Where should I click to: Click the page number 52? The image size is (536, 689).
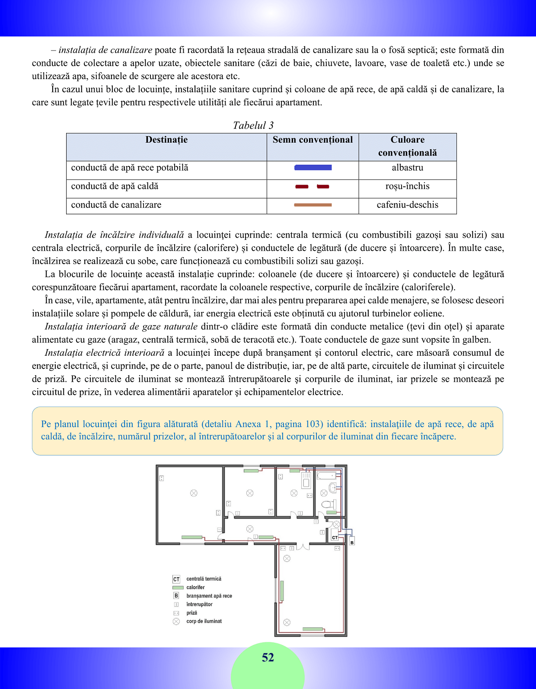268,657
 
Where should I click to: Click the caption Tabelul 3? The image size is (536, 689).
253,125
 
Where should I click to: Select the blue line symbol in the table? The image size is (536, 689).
313,168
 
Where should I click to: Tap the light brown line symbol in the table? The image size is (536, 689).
313,205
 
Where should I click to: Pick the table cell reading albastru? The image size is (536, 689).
407,168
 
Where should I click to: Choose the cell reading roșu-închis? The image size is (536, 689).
407,186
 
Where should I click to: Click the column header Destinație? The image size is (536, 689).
166,140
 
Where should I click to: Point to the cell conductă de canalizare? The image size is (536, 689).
116,205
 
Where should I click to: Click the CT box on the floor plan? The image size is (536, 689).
335,537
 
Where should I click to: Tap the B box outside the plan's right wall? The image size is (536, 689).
352,542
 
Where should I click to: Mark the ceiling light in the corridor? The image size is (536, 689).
250,529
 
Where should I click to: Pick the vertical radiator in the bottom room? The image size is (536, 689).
282,591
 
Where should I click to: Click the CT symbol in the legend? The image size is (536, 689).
176,579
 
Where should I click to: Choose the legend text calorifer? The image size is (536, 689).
195,587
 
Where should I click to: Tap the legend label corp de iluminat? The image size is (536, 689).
204,621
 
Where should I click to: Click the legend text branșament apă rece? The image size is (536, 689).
209,596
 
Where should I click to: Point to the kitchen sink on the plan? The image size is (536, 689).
306,481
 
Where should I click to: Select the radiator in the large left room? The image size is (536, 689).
192,537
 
